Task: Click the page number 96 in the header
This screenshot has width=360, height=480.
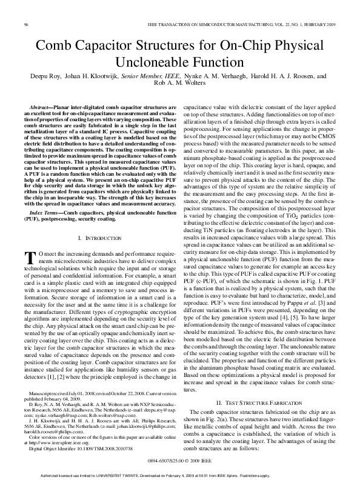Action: pos(27,24)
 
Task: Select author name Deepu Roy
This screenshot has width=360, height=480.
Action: pos(47,77)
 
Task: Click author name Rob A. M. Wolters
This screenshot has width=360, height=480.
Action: pos(179,85)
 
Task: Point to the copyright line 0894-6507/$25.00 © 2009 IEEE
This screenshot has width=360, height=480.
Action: pos(180,461)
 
